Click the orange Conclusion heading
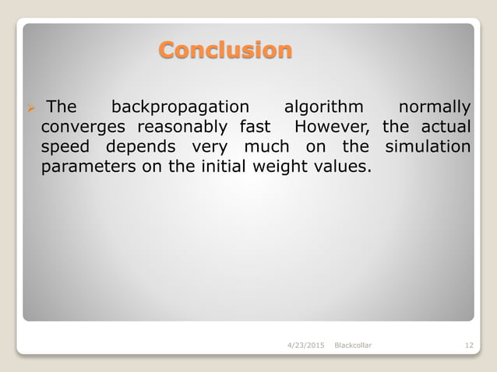point(225,51)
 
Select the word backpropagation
point(181,106)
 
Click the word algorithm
point(324,106)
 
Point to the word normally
point(434,106)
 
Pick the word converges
point(84,126)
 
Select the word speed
point(65,147)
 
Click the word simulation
point(428,147)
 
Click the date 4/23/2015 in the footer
point(306,345)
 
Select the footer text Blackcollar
point(352,345)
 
